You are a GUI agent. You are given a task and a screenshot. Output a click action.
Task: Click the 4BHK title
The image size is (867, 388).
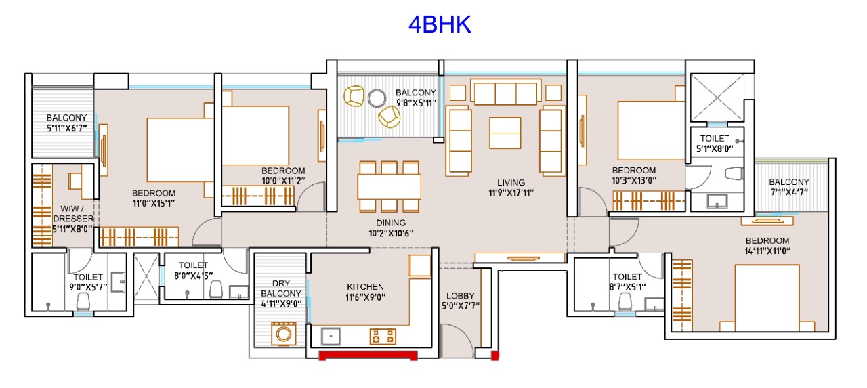[x=440, y=24]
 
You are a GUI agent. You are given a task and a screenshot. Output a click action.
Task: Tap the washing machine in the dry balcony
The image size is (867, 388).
[x=284, y=333]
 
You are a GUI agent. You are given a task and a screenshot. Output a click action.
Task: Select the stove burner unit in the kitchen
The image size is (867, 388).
[x=383, y=336]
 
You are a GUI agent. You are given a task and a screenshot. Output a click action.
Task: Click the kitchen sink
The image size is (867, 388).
[x=331, y=336]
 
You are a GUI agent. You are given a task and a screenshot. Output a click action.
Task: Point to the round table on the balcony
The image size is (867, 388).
[x=377, y=98]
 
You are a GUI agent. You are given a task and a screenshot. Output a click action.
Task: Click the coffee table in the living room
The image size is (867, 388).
[x=505, y=133]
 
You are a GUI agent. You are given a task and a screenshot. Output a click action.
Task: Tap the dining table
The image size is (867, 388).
[x=389, y=187]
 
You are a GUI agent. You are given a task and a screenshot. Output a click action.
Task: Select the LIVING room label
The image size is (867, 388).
[x=511, y=183]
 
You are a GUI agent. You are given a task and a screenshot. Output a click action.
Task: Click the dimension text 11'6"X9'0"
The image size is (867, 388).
[x=365, y=297]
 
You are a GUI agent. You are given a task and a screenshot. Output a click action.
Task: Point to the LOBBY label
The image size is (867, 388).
[x=460, y=296]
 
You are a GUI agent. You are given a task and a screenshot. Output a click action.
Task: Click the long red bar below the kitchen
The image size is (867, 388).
[x=368, y=355]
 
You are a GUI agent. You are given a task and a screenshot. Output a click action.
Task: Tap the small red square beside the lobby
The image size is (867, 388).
[x=494, y=356]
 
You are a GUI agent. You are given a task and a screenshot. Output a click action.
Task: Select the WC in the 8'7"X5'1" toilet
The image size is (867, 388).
[x=625, y=302]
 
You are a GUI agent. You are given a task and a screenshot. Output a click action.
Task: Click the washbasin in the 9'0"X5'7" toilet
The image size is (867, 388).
[x=118, y=282]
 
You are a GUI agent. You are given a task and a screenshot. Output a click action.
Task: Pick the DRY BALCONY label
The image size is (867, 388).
[x=280, y=288]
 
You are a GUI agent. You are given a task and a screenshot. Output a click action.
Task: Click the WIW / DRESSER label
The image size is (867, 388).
[x=72, y=213]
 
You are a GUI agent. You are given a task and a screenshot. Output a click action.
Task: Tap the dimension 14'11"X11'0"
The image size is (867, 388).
[x=767, y=251]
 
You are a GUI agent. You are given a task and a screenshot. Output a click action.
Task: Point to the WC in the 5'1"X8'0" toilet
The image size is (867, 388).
[x=734, y=173]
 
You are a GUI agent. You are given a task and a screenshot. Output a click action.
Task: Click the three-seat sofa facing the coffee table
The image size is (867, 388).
[x=505, y=92]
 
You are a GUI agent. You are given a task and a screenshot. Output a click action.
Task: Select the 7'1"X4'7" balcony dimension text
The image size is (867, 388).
[x=789, y=192]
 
